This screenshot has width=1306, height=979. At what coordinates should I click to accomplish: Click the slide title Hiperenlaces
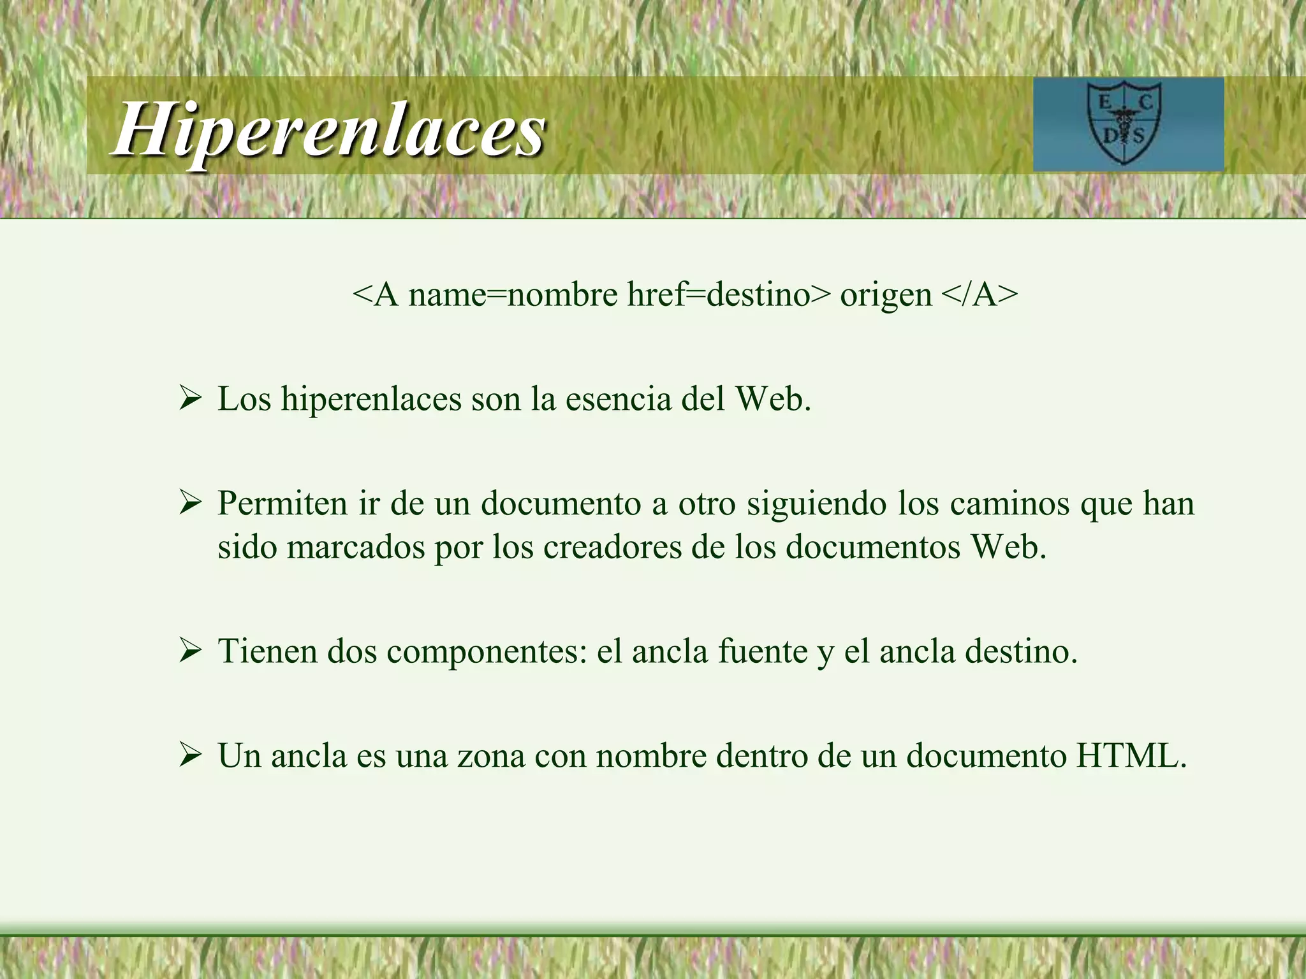328,129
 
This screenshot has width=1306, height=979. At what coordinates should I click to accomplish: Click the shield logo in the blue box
1124,124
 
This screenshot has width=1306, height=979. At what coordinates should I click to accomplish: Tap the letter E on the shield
1104,103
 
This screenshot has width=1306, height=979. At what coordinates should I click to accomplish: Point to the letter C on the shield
1145,103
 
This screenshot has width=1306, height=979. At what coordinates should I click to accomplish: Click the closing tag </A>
979,294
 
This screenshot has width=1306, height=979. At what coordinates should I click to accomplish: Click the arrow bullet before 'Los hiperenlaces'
190,400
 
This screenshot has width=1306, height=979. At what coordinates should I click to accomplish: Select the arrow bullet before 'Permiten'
190,504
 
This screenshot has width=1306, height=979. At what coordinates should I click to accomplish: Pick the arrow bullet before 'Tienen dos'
190,651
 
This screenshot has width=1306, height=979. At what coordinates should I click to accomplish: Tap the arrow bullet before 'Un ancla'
190,757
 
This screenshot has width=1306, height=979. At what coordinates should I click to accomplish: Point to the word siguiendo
816,504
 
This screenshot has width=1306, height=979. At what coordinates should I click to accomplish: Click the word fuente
763,651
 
